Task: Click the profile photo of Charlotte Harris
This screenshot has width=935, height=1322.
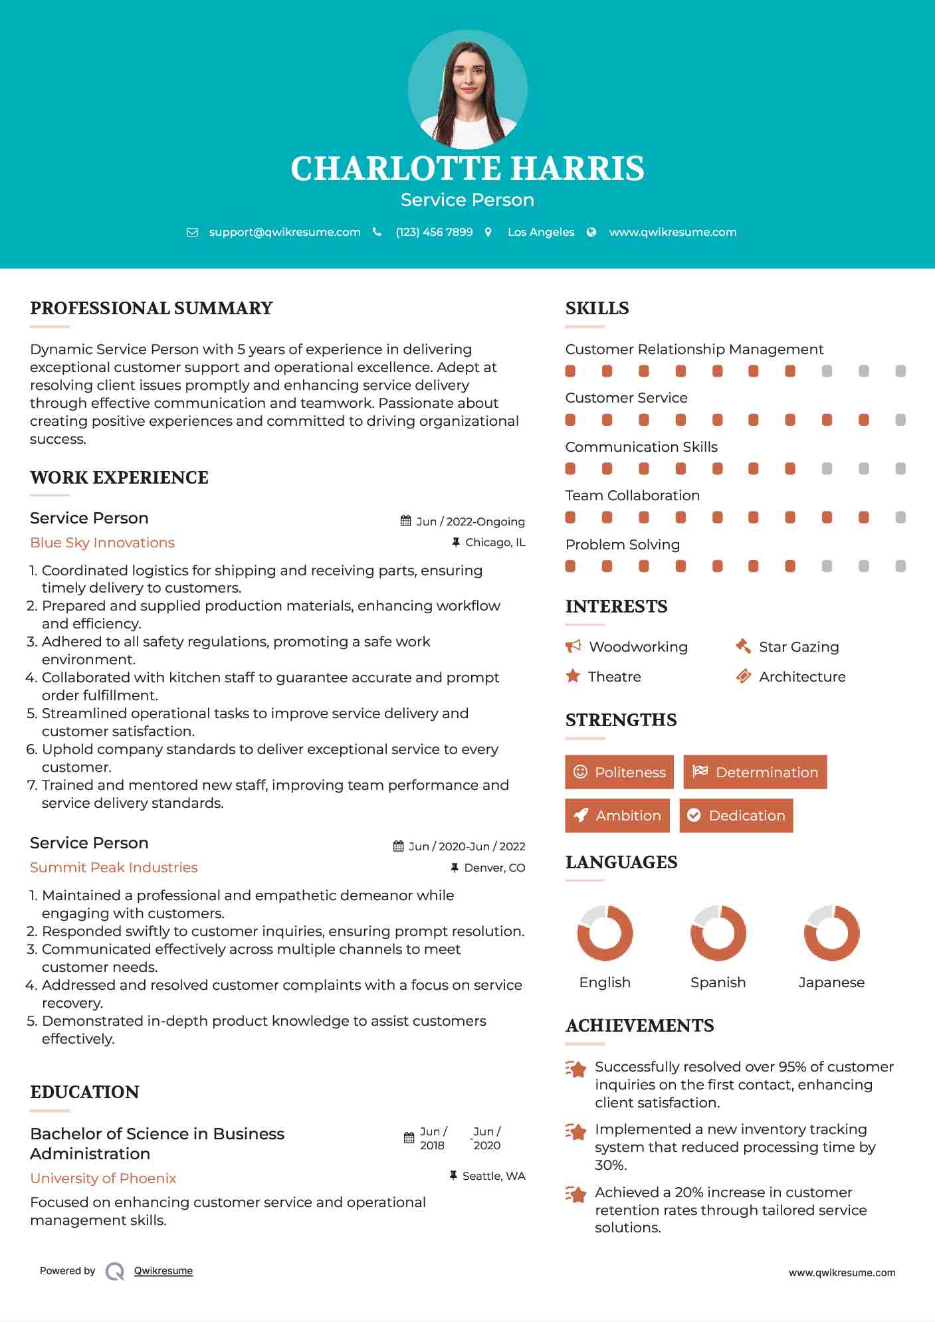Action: coord(467,90)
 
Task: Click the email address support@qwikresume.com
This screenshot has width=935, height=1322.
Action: coord(284,232)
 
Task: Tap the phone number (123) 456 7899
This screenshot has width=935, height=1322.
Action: coord(434,232)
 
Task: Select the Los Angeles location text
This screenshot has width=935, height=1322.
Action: coord(541,232)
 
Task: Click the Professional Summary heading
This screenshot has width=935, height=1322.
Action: coord(152,308)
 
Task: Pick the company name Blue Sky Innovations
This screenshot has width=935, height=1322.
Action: coord(102,543)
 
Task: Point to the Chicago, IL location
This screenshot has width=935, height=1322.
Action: coord(495,543)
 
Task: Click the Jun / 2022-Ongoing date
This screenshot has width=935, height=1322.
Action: coord(470,521)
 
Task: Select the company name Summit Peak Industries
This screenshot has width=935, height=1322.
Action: coord(114,868)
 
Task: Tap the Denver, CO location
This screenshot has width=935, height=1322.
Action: coord(494,868)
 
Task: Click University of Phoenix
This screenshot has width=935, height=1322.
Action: coord(103,1178)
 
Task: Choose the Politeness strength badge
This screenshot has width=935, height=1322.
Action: coord(619,772)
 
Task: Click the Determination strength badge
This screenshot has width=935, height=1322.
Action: coord(755,772)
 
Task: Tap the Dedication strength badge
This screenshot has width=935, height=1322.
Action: coord(736,815)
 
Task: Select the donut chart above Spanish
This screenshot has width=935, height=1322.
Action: coord(718,933)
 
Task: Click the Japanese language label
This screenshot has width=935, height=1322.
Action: coord(831,982)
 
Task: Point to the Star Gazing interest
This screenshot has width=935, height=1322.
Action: coord(799,646)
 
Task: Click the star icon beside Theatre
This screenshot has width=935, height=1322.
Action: coord(573,676)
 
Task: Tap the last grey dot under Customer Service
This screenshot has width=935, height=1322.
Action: coord(900,420)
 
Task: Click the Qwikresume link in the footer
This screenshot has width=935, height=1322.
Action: coord(163,1271)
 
